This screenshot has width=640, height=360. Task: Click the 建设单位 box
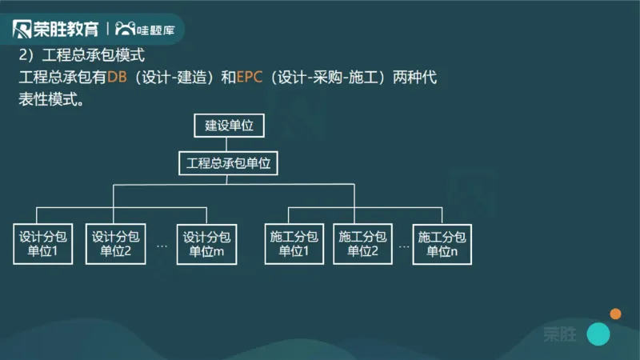(x=228, y=126)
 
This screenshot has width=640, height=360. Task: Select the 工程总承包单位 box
(x=229, y=164)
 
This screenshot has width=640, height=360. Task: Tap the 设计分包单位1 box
(x=43, y=244)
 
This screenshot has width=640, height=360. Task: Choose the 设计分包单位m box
(x=206, y=244)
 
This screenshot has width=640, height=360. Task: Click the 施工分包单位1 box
(x=294, y=244)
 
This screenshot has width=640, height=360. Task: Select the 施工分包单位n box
(x=442, y=244)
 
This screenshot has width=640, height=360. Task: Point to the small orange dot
(x=615, y=314)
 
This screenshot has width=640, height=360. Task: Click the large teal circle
(x=598, y=334)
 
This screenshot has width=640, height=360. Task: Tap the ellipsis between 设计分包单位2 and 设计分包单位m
(x=162, y=246)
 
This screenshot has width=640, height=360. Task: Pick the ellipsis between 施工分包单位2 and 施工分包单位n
(x=403, y=246)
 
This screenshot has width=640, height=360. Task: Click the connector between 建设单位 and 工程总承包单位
(x=228, y=146)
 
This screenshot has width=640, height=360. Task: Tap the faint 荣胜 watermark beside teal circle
(x=559, y=334)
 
